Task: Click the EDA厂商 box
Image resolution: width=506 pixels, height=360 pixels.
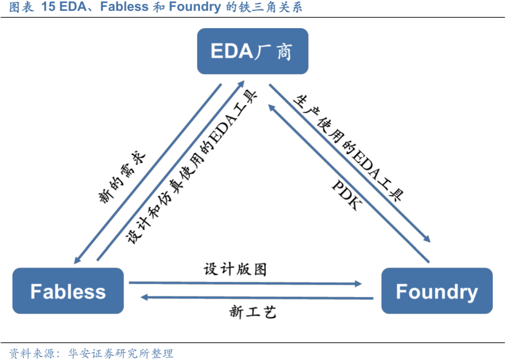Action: (253, 51)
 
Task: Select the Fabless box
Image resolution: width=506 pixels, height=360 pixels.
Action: (68, 291)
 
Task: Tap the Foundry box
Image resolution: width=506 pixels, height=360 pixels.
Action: (437, 291)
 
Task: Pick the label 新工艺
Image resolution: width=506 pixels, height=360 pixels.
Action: (253, 311)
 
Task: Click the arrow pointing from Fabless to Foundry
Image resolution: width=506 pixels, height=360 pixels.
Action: (245, 283)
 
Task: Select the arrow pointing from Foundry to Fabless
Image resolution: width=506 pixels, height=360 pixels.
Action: (258, 297)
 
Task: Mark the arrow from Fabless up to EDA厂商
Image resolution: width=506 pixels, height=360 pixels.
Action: (170, 170)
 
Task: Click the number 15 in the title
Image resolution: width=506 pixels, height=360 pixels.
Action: (48, 7)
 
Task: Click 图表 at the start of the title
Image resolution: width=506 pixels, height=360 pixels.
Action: (21, 7)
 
